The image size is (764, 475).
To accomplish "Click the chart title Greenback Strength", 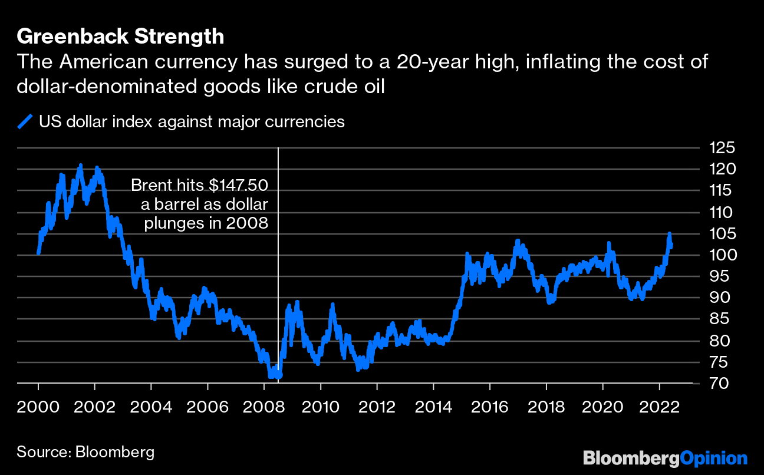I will [120, 37].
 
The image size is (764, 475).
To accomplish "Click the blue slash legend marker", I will [25, 122].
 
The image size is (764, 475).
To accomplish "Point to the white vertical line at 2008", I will [278, 265].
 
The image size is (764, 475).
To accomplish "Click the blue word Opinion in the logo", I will [714, 458].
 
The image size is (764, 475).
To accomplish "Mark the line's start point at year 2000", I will [38, 253].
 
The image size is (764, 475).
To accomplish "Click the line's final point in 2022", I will [671, 246].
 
